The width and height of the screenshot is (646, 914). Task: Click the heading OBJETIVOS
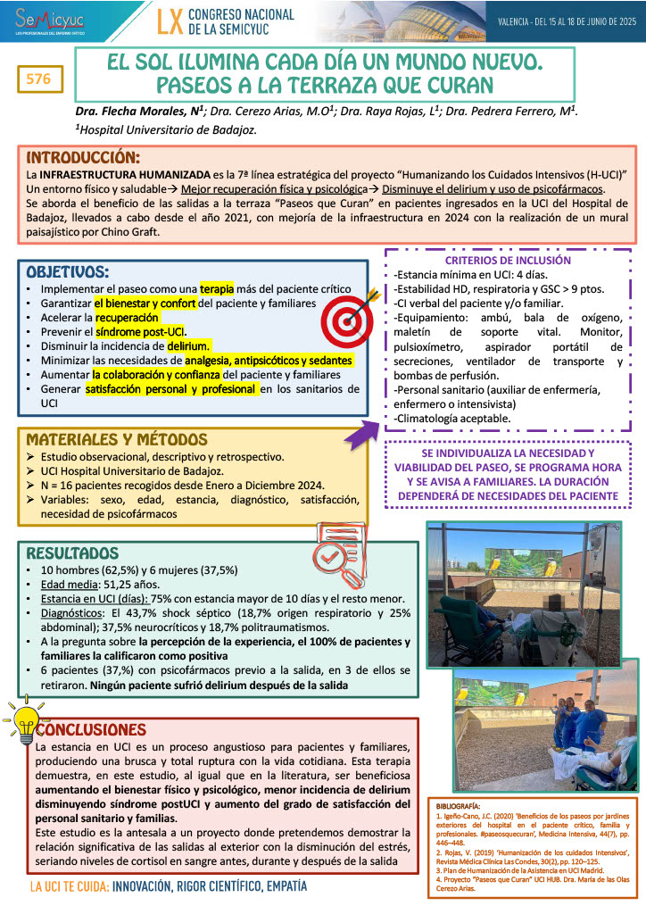(68, 271)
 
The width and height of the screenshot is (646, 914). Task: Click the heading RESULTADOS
(73, 553)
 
